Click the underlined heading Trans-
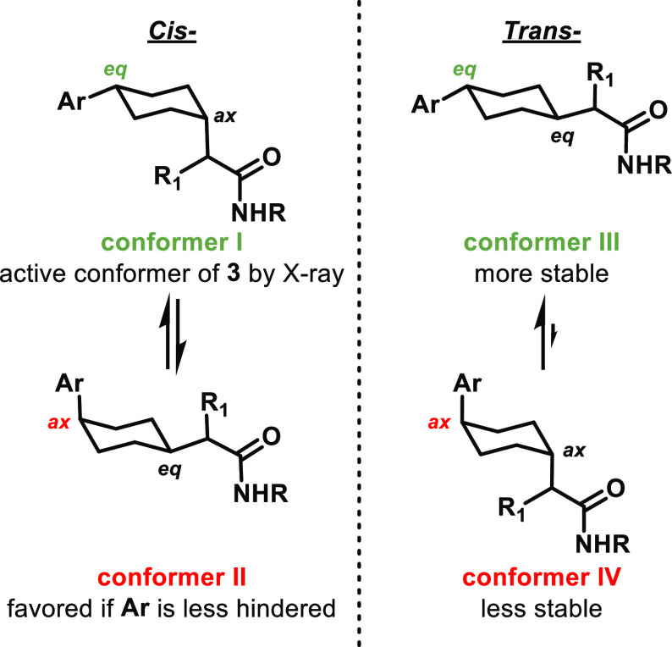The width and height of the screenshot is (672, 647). [x=506, y=17]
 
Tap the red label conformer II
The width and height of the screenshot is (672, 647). [x=166, y=579]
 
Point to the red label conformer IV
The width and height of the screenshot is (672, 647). [x=506, y=579]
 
